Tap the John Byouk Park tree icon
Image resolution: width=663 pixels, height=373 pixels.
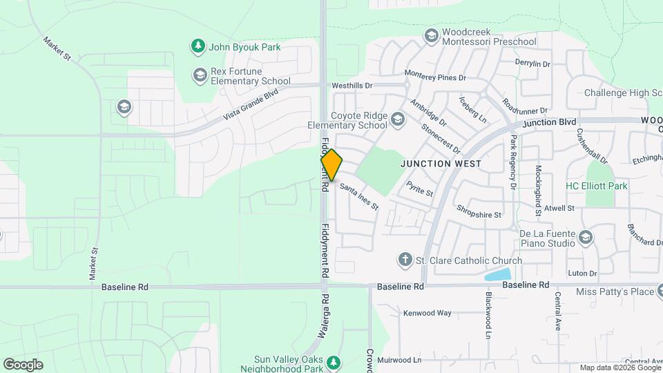click(x=198, y=46)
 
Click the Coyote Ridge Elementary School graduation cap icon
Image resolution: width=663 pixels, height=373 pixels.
click(x=398, y=120)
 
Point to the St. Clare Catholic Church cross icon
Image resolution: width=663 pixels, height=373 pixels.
click(x=405, y=260)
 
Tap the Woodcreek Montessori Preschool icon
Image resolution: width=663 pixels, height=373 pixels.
click(x=432, y=36)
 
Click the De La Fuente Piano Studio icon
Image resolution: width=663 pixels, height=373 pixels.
click(x=586, y=238)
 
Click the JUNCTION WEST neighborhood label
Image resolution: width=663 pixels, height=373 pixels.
click(x=441, y=164)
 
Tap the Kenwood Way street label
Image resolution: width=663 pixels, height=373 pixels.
click(x=427, y=313)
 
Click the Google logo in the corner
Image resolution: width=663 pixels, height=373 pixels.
click(x=23, y=365)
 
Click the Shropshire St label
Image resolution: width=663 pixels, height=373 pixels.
click(x=479, y=215)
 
